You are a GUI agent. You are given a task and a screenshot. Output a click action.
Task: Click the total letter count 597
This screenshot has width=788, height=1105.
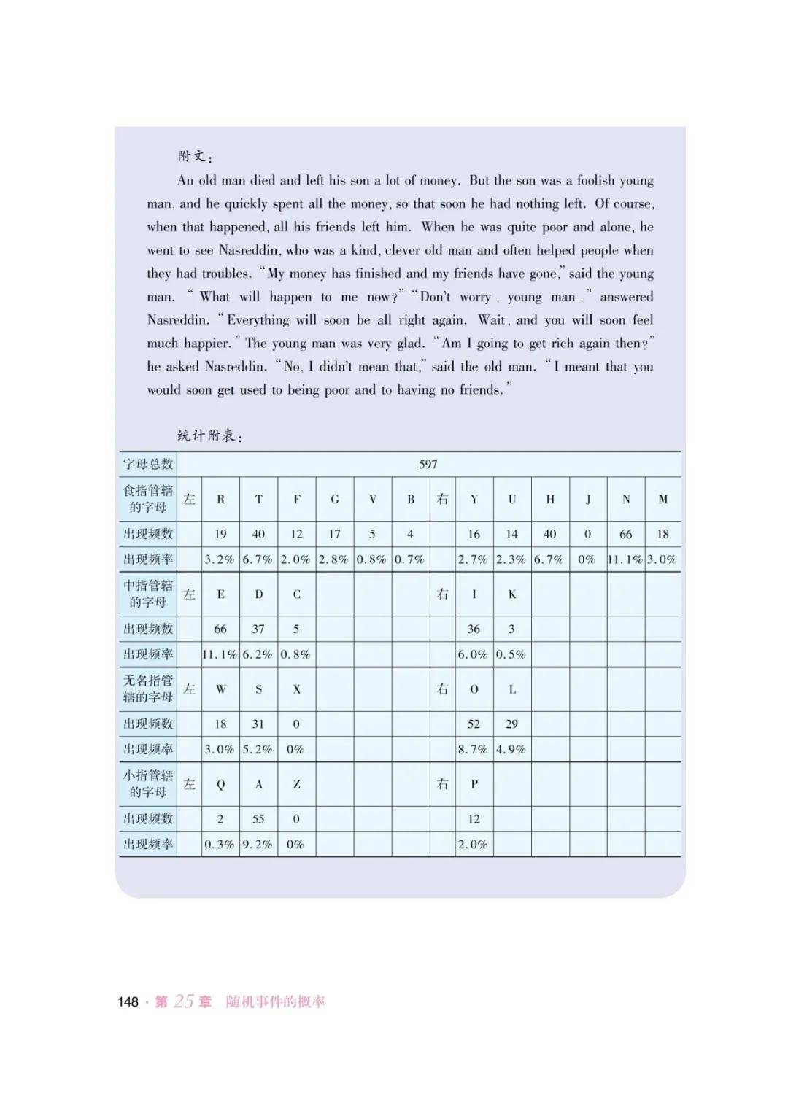pyautogui.click(x=428, y=464)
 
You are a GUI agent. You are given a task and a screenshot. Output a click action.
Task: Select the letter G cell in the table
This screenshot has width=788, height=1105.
pyautogui.click(x=335, y=500)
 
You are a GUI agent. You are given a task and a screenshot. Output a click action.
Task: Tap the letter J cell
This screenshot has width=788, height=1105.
pyautogui.click(x=588, y=500)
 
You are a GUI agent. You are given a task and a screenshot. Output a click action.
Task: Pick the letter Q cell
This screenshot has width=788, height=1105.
pyautogui.click(x=220, y=784)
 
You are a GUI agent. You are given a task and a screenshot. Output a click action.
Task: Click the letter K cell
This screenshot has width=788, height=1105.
pyautogui.click(x=512, y=594)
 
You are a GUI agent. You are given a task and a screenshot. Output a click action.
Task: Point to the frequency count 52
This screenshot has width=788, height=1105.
pyautogui.click(x=474, y=724)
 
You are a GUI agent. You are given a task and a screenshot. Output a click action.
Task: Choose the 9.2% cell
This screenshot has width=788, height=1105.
pyautogui.click(x=258, y=844)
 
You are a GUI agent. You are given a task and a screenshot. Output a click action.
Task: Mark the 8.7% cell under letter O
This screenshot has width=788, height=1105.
pyautogui.click(x=474, y=749)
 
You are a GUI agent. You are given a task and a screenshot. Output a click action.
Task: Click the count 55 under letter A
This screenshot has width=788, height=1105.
pyautogui.click(x=258, y=818)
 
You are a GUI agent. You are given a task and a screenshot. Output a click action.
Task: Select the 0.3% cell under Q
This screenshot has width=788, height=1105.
pyautogui.click(x=220, y=844)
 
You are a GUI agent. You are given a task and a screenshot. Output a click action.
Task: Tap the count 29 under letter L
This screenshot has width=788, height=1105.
pyautogui.click(x=511, y=724)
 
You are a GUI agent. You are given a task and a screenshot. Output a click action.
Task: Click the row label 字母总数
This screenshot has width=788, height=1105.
pyautogui.click(x=148, y=464)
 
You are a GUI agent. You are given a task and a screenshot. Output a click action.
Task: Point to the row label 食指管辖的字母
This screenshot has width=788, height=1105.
pyautogui.click(x=148, y=499)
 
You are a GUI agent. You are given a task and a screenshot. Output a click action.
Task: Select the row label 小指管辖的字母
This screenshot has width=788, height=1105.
pyautogui.click(x=148, y=783)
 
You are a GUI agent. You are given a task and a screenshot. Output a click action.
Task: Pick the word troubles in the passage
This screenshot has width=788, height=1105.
pyautogui.click(x=225, y=274)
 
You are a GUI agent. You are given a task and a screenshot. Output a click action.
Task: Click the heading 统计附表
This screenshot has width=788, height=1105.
pyautogui.click(x=209, y=435)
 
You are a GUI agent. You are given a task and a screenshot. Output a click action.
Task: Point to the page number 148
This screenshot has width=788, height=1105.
pyautogui.click(x=128, y=1001)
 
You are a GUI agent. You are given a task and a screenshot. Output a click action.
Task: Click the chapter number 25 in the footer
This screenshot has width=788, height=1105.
pyautogui.click(x=184, y=1001)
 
